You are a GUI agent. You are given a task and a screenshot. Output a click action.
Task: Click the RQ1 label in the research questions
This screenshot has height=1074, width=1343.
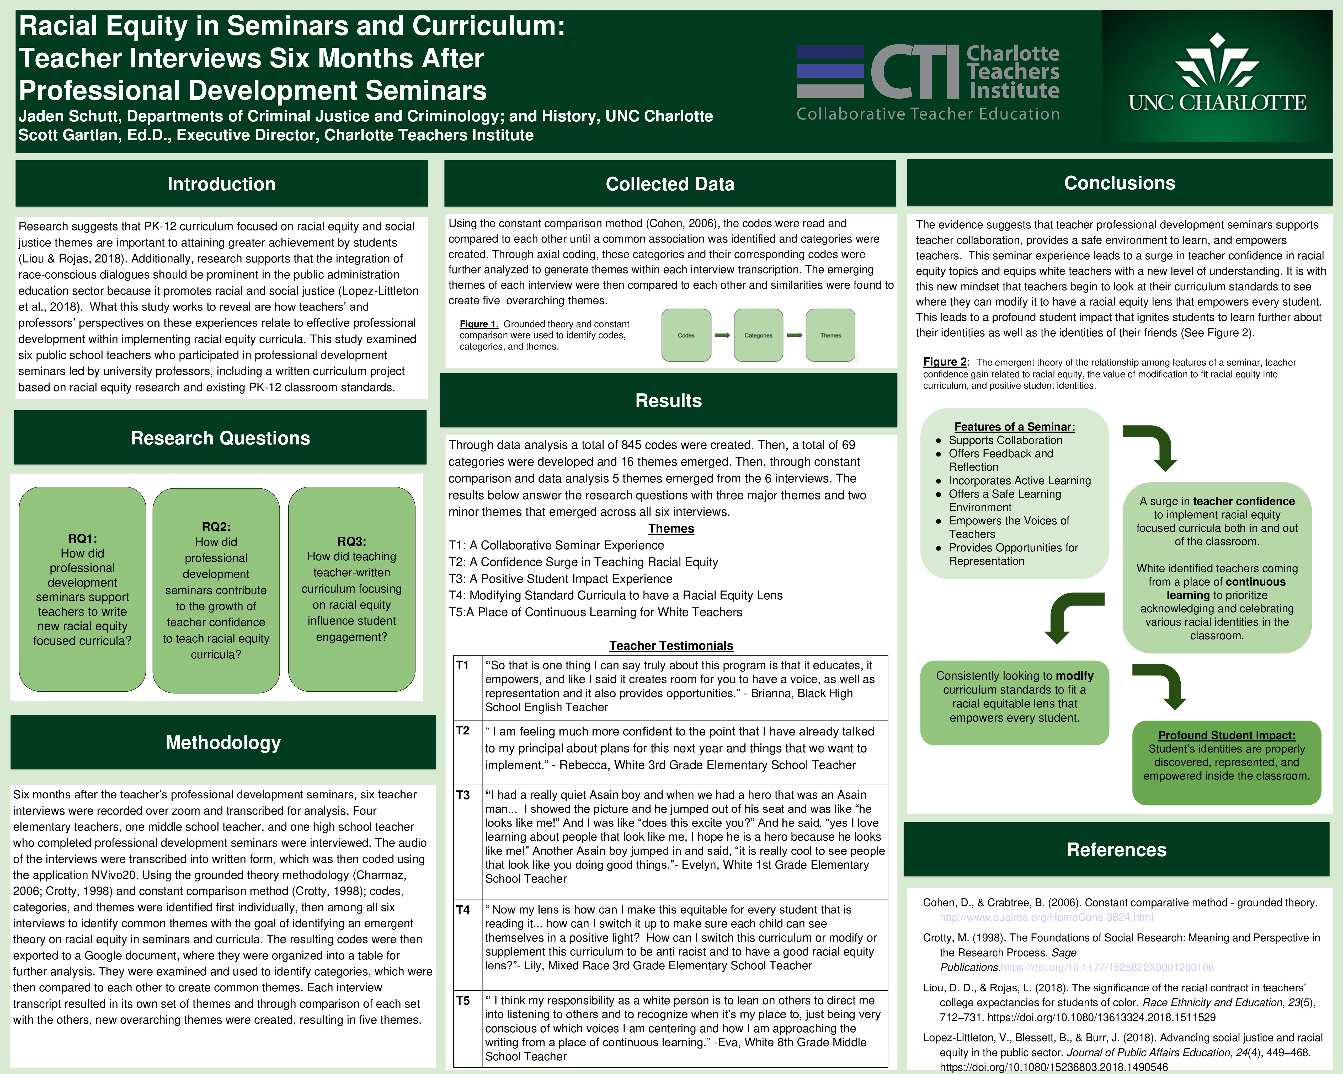(82, 539)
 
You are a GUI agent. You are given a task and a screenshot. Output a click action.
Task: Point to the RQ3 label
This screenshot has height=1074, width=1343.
(351, 542)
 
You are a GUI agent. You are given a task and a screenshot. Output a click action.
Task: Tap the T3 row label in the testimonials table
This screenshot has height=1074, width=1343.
(463, 795)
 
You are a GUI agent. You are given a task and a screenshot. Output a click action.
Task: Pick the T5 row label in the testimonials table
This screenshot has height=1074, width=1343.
(463, 1001)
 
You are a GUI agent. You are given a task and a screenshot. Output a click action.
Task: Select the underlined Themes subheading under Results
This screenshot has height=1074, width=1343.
(671, 529)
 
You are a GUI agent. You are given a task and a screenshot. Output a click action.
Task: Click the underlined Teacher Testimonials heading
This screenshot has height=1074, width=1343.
(671, 646)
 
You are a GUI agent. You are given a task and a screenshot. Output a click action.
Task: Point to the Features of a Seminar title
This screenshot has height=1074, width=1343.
(1015, 427)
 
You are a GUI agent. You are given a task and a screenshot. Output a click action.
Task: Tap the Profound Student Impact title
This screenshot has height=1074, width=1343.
(1227, 735)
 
